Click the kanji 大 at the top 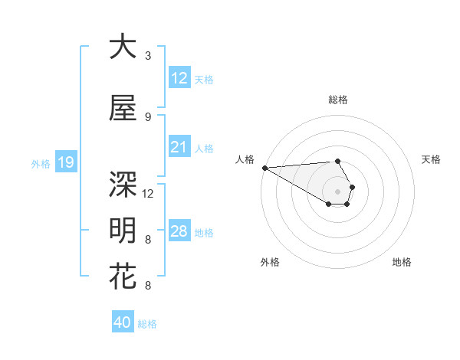click(x=123, y=47)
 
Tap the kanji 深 click(x=123, y=183)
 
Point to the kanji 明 click(x=123, y=231)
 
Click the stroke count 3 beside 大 click(x=147, y=56)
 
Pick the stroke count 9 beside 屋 click(x=147, y=116)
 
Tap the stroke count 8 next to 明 click(x=147, y=240)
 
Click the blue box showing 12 click(x=179, y=78)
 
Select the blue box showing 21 click(x=179, y=147)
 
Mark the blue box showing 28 click(x=179, y=231)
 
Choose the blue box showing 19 click(x=65, y=162)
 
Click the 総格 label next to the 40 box click(x=147, y=324)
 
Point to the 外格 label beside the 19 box click(x=41, y=163)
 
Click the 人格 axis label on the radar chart click(x=245, y=159)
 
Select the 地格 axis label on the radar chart click(x=402, y=262)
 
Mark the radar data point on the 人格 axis click(x=264, y=168)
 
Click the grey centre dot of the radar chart click(x=337, y=191)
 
